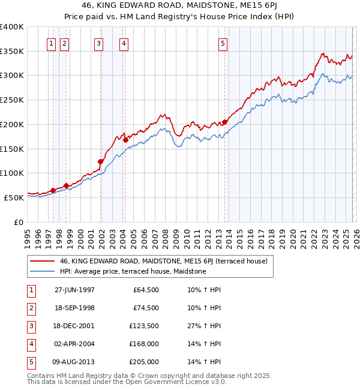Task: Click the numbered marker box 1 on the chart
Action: tap(51, 43)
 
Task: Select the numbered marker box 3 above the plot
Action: tap(98, 43)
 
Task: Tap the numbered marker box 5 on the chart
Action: tap(223, 43)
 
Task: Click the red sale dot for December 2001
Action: tap(101, 161)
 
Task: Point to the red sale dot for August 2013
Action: tap(225, 122)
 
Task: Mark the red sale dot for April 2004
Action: tap(125, 140)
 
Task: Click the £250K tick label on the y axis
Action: tap(12, 100)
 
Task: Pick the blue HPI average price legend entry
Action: tap(133, 272)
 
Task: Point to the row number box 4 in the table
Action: tap(29, 344)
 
